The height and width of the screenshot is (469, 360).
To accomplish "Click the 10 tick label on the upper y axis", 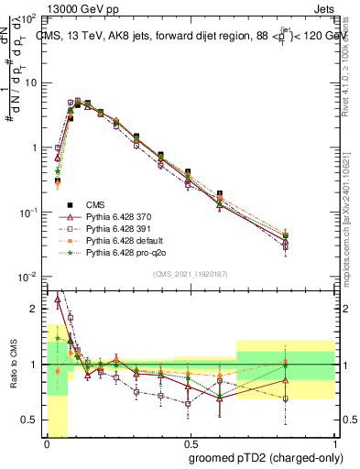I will click(x=33, y=82).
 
